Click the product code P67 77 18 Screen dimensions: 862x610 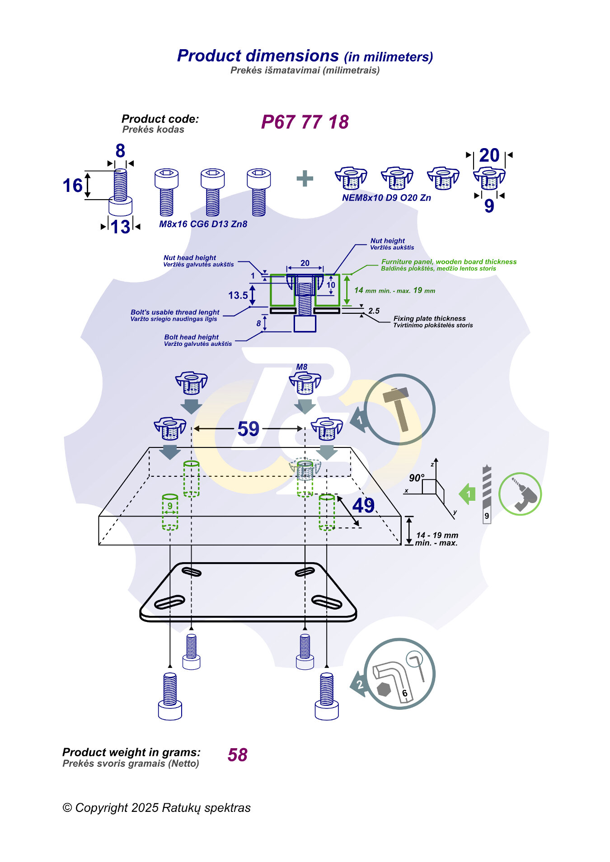[x=305, y=122]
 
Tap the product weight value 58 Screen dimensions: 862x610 [x=238, y=755]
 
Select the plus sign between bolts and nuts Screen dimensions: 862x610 [x=305, y=178]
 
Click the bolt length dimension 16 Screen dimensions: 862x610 [x=72, y=186]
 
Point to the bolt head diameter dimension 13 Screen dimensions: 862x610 [x=120, y=227]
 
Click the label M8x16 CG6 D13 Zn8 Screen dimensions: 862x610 [x=203, y=224]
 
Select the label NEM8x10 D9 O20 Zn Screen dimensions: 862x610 [x=386, y=198]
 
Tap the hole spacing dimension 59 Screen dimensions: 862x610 [x=248, y=429]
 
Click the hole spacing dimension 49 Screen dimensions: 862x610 [x=363, y=506]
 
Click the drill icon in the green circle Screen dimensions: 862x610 [x=521, y=494]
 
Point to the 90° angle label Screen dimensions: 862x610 [x=417, y=478]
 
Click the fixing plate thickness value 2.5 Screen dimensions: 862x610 [x=374, y=311]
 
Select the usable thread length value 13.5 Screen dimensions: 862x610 [x=238, y=295]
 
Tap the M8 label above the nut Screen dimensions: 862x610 [x=301, y=367]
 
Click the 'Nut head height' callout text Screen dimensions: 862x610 [x=190, y=258]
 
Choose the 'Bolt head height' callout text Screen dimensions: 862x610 [x=192, y=337]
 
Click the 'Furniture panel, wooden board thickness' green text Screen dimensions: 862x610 [x=449, y=262]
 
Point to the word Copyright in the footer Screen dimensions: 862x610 [x=102, y=807]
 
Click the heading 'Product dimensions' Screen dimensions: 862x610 [x=258, y=56]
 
